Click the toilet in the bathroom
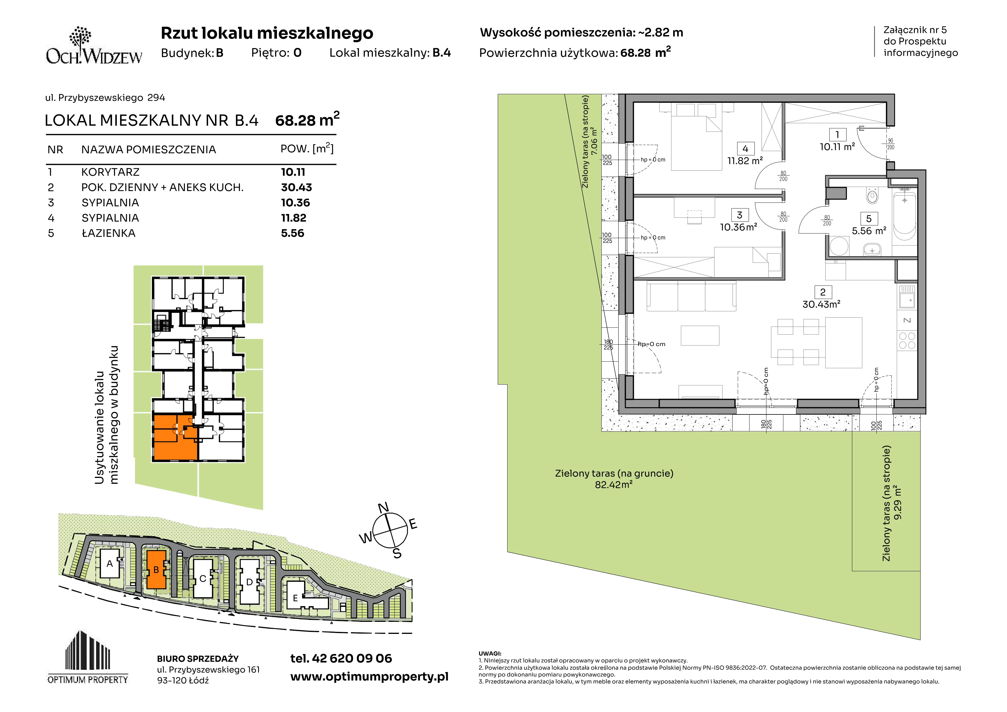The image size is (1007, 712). coord(872,195)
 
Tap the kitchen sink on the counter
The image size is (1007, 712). coord(907,300)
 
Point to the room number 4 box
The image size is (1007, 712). coord(745,149)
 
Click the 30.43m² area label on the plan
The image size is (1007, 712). coord(821,304)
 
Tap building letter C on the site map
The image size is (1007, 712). coord(203,579)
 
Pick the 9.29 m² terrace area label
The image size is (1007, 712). coord(898,502)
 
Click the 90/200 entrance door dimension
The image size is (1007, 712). coord(890,144)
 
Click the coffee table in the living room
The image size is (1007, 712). coord(700,335)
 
